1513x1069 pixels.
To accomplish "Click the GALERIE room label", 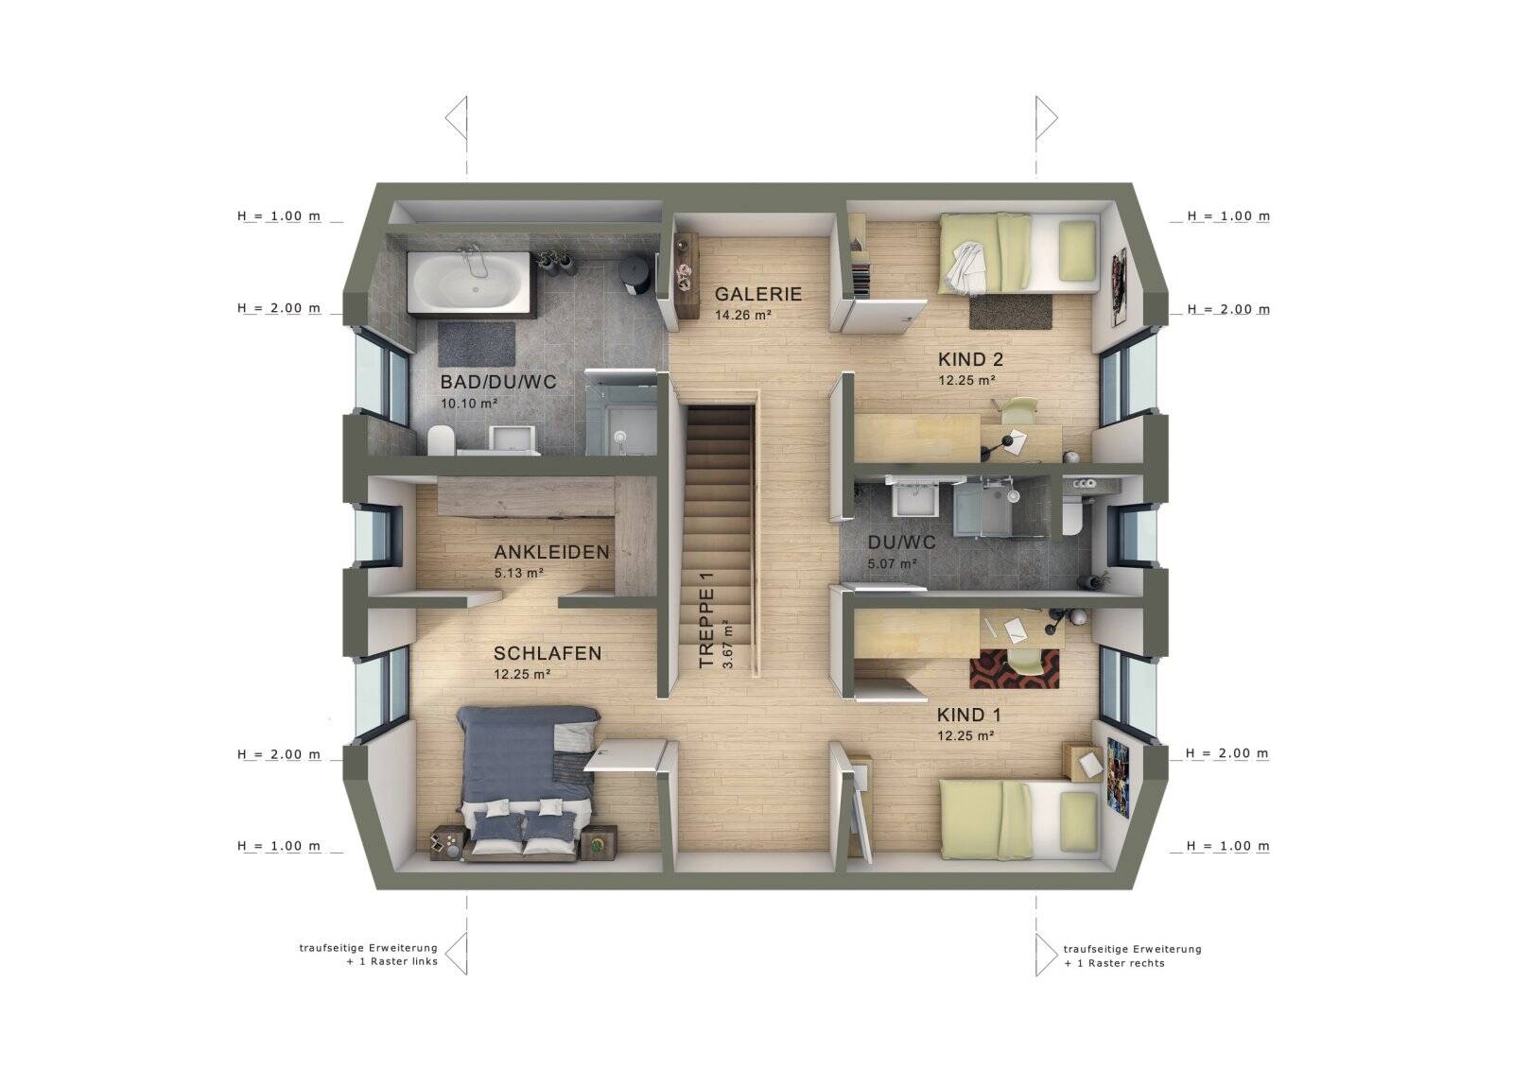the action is pyautogui.click(x=757, y=294).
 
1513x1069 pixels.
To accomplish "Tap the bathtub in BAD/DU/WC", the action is pyautogui.click(x=472, y=283).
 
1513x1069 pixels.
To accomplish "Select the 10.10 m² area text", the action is pyautogui.click(x=469, y=404).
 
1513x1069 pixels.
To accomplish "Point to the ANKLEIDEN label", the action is pyautogui.click(x=551, y=552).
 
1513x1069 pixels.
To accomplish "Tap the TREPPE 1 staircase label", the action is pyautogui.click(x=705, y=620).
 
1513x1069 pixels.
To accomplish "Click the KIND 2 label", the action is pyautogui.click(x=970, y=359).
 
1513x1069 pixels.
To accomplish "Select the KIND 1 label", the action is pyautogui.click(x=968, y=715).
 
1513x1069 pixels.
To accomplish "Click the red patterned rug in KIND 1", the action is pyautogui.click(x=1014, y=668).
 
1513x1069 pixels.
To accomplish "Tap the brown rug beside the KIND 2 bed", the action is pyautogui.click(x=1011, y=311).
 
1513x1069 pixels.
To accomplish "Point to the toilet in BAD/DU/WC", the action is pyautogui.click(x=441, y=440).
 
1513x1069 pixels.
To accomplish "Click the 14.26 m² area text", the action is pyautogui.click(x=743, y=315).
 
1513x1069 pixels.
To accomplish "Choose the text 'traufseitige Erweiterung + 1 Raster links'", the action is pyautogui.click(x=368, y=955).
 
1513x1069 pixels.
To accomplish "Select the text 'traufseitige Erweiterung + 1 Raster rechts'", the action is pyautogui.click(x=1133, y=957).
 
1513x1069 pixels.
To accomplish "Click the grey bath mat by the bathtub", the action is pyautogui.click(x=477, y=344).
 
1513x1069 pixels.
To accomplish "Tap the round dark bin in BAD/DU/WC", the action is pyautogui.click(x=635, y=274).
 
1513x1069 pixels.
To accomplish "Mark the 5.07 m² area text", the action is pyautogui.click(x=892, y=563).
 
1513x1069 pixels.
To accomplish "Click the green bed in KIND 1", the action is pyautogui.click(x=1018, y=819).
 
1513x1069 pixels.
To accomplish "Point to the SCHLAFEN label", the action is pyautogui.click(x=548, y=653).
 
